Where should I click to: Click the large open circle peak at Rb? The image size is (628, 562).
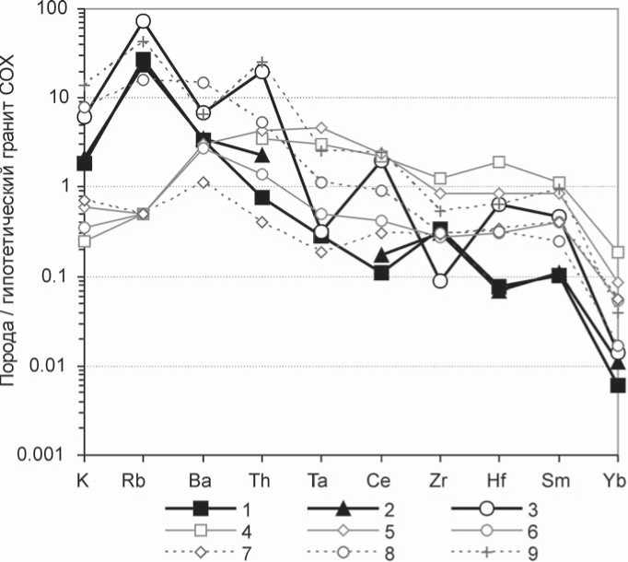click(143, 21)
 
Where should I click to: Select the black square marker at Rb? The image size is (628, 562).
click(143, 62)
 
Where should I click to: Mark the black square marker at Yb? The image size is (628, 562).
click(617, 385)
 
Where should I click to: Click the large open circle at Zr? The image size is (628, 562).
click(440, 280)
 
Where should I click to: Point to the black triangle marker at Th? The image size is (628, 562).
click(262, 154)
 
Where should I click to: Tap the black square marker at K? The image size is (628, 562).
click(84, 163)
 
